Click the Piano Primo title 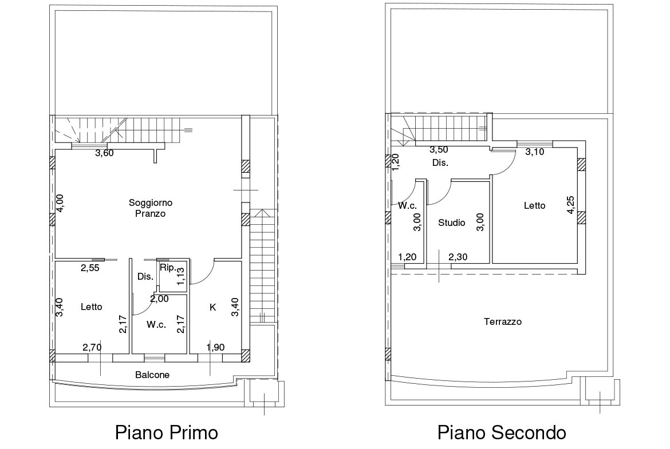coord(167,432)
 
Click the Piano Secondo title coord(502,432)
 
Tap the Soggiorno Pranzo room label coord(151,208)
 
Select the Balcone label coord(152,375)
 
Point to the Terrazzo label coord(503,321)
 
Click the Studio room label coord(452,222)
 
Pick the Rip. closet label coord(168,268)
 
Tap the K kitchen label coord(212,307)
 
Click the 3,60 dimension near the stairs coord(104,153)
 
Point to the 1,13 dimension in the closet coord(180,276)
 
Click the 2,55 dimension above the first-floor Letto coord(90,268)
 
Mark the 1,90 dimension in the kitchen coord(215,347)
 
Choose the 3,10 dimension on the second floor coord(534,152)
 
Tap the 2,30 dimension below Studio coord(458,257)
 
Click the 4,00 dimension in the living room coord(60,202)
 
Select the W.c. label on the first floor coord(156,325)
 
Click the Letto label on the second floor coord(534,206)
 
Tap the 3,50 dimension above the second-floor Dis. coord(439,150)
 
